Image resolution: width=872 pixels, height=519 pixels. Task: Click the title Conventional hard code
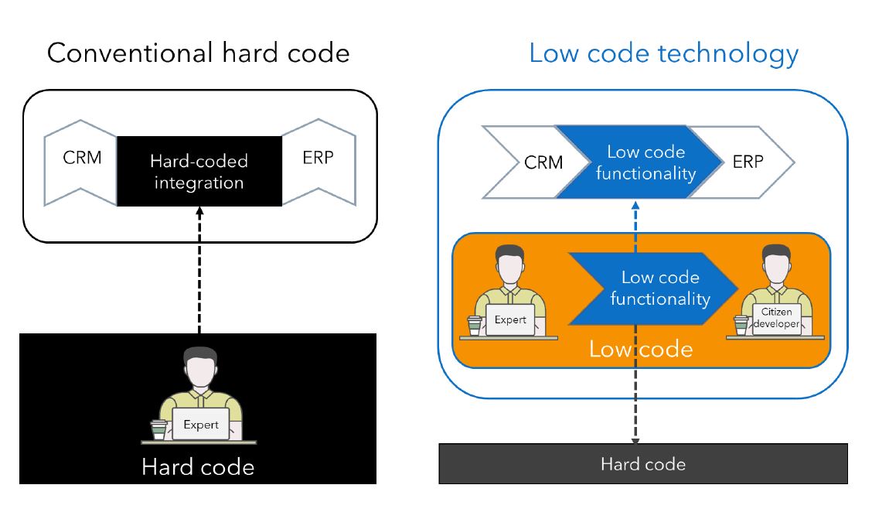(198, 53)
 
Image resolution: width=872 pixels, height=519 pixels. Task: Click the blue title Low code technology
(663, 53)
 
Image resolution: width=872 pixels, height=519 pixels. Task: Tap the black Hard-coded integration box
(199, 172)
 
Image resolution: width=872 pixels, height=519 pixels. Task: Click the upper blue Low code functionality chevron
(634, 162)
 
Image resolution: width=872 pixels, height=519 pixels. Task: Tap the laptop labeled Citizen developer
(776, 318)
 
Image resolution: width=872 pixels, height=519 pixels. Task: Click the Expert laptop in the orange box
(510, 319)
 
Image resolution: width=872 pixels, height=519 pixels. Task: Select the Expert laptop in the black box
(201, 425)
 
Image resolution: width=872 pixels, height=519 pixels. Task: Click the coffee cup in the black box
(158, 429)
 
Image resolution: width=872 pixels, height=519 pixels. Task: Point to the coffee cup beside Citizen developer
(741, 325)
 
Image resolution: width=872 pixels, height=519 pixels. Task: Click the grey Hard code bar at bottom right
(642, 463)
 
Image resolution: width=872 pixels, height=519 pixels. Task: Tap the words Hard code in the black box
(198, 467)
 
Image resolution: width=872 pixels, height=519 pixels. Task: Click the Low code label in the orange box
(641, 350)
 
